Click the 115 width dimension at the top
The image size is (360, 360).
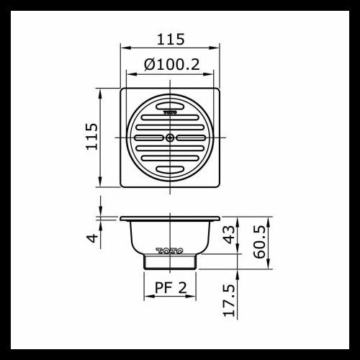point(170,39)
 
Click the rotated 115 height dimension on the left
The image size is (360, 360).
point(91,137)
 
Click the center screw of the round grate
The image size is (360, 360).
point(170,137)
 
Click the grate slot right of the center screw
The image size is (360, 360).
point(192,137)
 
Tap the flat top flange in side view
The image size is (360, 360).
point(170,218)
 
